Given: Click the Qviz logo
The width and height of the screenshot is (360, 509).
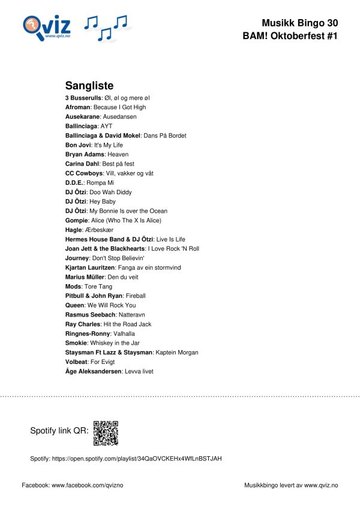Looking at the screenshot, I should tap(47, 27).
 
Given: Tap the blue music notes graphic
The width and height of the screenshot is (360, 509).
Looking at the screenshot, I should tap(106, 28).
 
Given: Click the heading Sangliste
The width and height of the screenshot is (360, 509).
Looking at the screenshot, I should tap(89, 86).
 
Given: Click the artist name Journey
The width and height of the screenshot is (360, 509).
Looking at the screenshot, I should tap(77, 258).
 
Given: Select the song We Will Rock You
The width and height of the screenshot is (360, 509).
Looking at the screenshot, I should tap(112, 305).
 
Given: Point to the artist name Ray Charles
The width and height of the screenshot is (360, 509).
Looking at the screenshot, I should tap(83, 324).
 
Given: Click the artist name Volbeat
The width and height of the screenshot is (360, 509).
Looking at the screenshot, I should tap(77, 362).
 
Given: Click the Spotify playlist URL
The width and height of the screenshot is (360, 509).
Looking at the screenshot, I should tap(137, 459).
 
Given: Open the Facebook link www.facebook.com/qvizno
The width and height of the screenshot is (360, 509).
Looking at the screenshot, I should tap(88, 484).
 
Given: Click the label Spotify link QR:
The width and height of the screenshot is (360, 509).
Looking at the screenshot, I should tap(59, 431).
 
